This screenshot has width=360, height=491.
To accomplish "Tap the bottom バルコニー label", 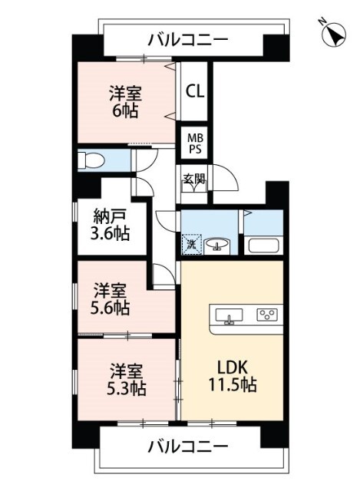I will tap(188, 446).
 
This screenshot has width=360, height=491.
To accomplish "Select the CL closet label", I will tap(195, 91).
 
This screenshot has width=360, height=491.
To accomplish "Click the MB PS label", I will tap(195, 143).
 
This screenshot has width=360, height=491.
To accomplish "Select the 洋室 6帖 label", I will tap(125, 101).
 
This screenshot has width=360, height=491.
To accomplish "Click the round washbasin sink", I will tap(220, 245).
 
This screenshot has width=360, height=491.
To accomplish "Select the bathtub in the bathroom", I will tap(264, 247).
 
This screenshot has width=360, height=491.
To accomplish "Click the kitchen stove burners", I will tap(267, 315).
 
